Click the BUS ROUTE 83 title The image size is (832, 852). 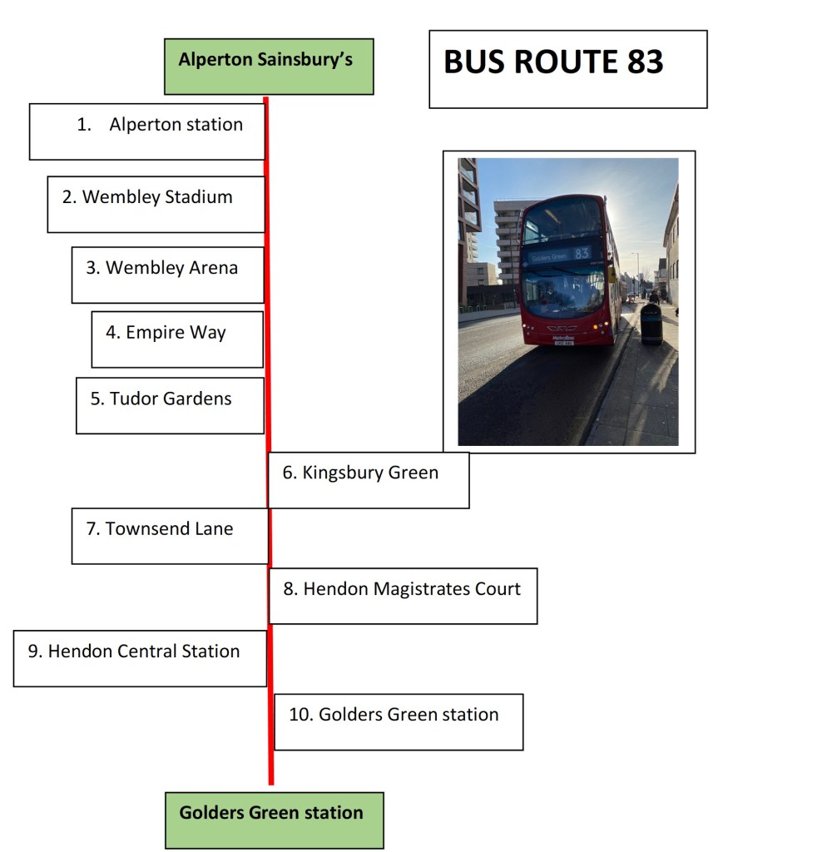pyautogui.click(x=553, y=63)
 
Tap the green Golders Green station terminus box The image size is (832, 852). pyautogui.click(x=274, y=820)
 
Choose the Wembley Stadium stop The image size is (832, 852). pyautogui.click(x=157, y=197)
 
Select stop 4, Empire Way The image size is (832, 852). pyautogui.click(x=176, y=333)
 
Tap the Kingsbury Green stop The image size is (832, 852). pyautogui.click(x=369, y=473)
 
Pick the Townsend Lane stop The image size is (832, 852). pyautogui.click(x=169, y=529)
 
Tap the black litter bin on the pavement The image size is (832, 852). pyautogui.click(x=651, y=324)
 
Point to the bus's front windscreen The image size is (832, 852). pyautogui.click(x=564, y=291)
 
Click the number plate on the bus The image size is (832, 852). pyautogui.click(x=563, y=342)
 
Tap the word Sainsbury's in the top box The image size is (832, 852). pyautogui.click(x=313, y=60)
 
